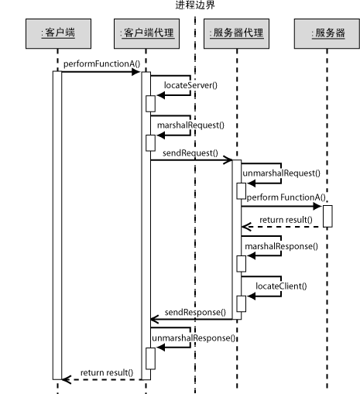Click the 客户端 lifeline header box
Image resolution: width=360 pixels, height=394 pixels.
pos(58,33)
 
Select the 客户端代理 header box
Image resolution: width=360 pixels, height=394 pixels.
pos(146,33)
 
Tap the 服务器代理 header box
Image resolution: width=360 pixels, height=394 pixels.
pos(236,33)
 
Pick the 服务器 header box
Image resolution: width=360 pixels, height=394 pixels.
pos(327,33)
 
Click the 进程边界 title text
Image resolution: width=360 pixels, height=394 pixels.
pos(195,5)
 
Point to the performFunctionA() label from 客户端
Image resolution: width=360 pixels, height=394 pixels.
pos(101,64)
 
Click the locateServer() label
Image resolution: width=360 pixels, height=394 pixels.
pos(190,85)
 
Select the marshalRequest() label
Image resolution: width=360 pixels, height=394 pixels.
pos(190,125)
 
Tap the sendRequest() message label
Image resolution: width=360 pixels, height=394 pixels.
pos(190,153)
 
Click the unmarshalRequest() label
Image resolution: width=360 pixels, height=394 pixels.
pos(281,173)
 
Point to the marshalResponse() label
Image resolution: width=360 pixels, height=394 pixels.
pos(281,246)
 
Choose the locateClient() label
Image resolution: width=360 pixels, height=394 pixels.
pos(281,286)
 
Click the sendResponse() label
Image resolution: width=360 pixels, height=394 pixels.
pos(195,313)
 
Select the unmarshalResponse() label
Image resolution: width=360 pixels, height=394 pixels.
pos(194,338)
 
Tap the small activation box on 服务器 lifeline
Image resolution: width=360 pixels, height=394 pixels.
pos(327,216)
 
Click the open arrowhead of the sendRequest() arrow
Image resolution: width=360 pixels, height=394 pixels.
pos(228,160)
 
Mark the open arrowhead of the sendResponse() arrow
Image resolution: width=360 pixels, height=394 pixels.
pos(154,320)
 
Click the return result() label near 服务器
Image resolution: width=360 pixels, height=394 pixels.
pos(286,220)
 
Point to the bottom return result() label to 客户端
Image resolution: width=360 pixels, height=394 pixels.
pos(107,373)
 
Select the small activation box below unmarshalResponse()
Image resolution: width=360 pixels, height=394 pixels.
pos(150,358)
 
